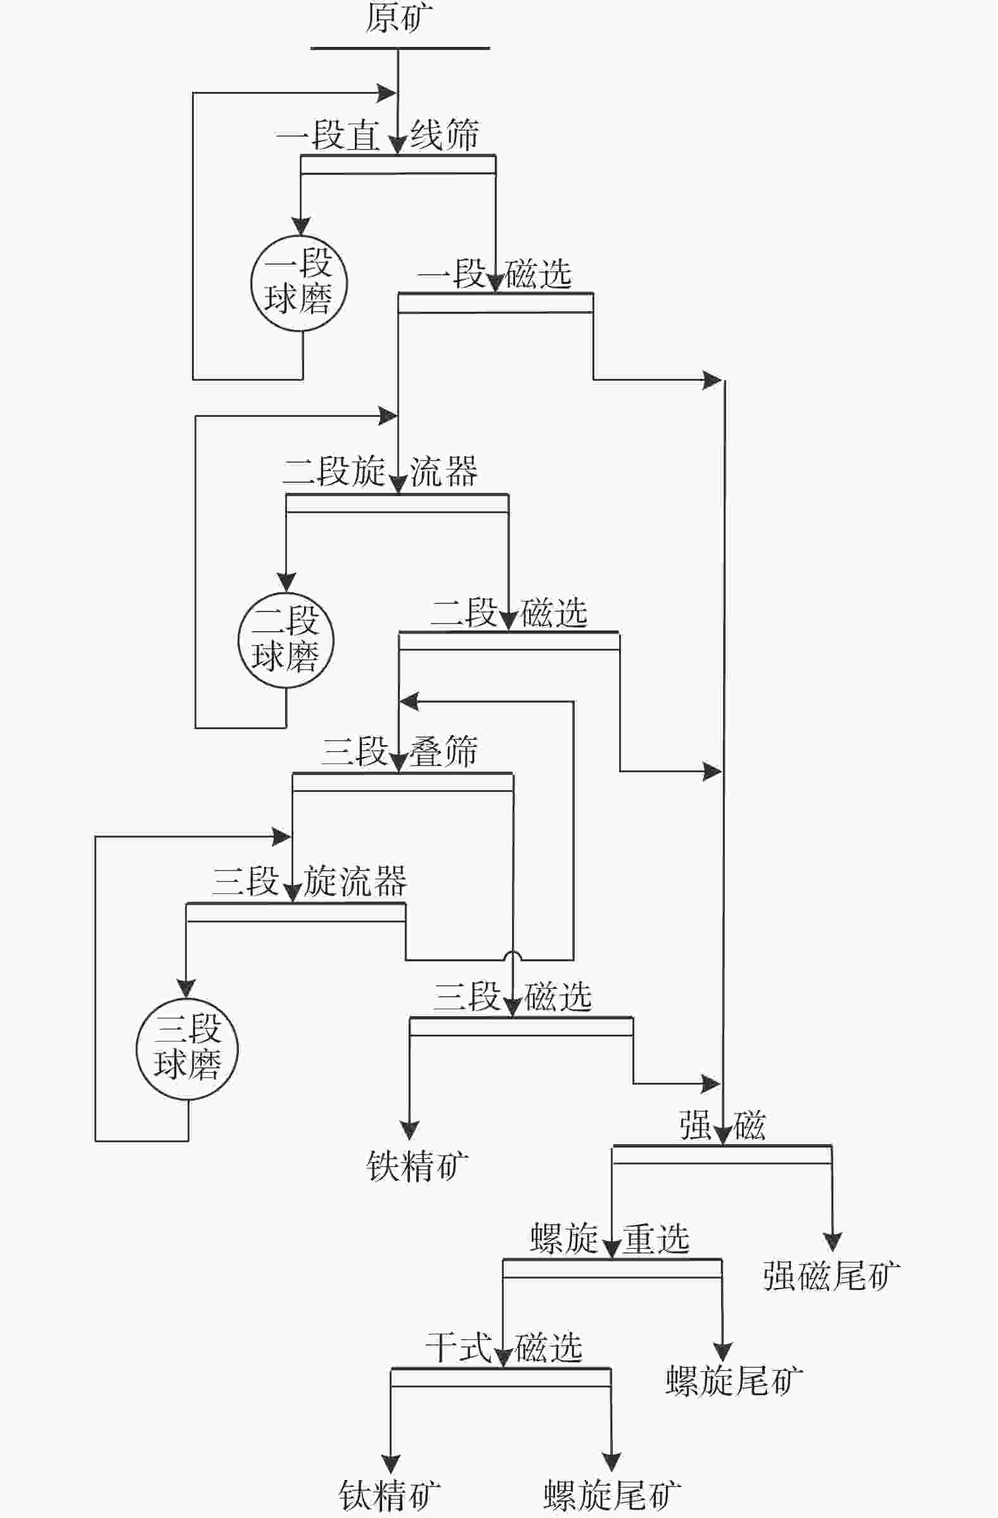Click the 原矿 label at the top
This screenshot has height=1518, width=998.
[x=399, y=17]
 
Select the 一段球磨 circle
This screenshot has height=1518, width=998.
[x=299, y=283]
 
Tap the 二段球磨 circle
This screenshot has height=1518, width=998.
[x=286, y=640]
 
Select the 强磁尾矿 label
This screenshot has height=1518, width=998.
[x=831, y=1276]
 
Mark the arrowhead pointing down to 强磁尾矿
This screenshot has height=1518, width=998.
[x=831, y=1241]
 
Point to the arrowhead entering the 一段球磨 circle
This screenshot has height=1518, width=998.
[x=300, y=226]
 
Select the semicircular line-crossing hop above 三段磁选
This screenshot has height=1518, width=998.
[x=513, y=955]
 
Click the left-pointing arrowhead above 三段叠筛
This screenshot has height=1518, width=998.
[x=409, y=701]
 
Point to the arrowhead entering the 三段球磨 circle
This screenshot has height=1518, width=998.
[x=186, y=988]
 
